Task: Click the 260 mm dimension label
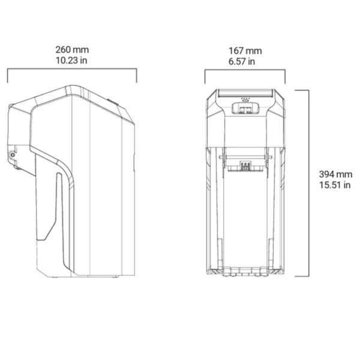(72, 50)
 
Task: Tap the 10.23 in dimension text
(71, 61)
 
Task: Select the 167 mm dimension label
(245, 51)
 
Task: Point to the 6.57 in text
(242, 62)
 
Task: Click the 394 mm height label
(335, 174)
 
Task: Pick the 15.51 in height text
(335, 185)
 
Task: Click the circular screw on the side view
(13, 155)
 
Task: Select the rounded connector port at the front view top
(245, 108)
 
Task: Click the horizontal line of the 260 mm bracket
(72, 68)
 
